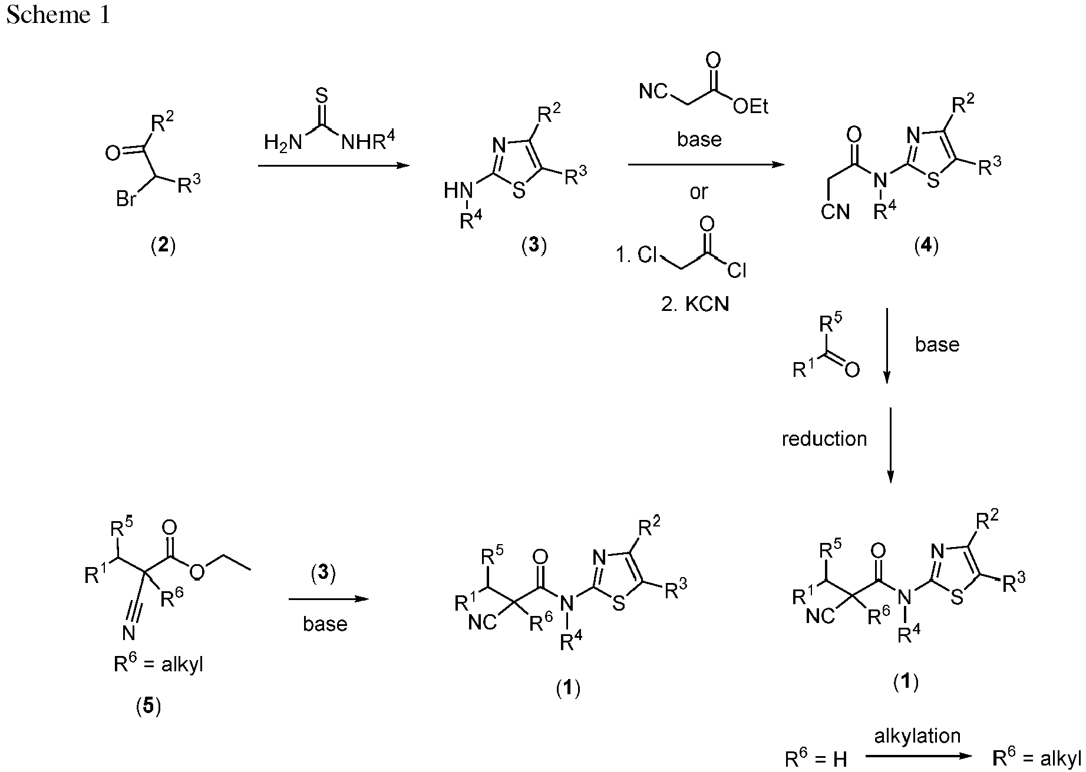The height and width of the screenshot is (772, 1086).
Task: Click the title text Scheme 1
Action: click(x=58, y=15)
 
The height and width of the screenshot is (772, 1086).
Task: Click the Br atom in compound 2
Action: click(x=127, y=200)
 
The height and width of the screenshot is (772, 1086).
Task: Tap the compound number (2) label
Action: click(x=163, y=246)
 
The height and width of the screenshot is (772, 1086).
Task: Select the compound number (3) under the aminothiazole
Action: click(x=534, y=246)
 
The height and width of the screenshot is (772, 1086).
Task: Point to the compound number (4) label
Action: click(x=926, y=246)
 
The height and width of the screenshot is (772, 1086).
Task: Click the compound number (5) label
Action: click(x=148, y=706)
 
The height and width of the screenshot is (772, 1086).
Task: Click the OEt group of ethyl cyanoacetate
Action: click(x=751, y=107)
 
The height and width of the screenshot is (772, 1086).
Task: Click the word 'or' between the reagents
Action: click(x=699, y=192)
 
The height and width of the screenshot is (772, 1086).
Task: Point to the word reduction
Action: click(x=824, y=439)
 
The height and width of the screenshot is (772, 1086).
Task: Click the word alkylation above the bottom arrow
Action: click(x=917, y=735)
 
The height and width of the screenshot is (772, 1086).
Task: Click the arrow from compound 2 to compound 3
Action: click(x=334, y=166)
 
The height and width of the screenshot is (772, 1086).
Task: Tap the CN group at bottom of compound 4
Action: click(x=836, y=212)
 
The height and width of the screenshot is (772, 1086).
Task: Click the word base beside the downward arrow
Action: click(x=937, y=344)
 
